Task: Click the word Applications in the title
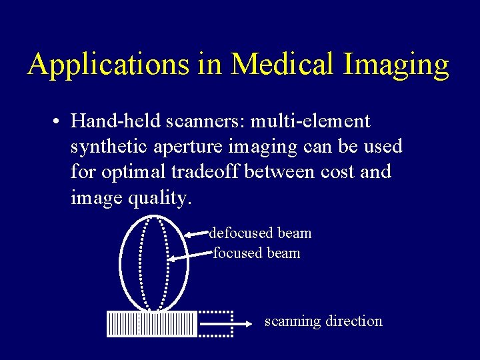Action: (109, 65)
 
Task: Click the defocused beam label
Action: (261, 233)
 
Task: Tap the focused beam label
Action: (257, 253)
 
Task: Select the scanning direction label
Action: (323, 321)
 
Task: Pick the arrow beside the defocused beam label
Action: (197, 233)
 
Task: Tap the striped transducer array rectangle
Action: (152, 324)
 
